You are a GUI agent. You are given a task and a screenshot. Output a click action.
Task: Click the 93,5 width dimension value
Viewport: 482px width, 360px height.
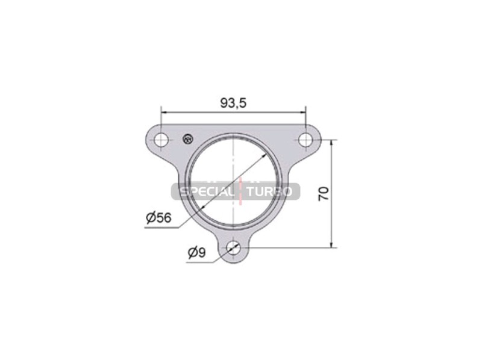click(x=233, y=103)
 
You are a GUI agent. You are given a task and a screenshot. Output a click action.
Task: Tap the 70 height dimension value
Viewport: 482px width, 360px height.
click(x=324, y=193)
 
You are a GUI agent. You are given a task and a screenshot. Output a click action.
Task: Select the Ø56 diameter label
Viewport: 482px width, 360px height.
click(x=158, y=218)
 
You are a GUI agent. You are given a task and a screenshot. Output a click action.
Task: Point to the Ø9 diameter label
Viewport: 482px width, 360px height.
click(x=197, y=253)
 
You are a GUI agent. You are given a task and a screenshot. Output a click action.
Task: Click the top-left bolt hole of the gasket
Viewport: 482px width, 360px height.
click(x=161, y=141)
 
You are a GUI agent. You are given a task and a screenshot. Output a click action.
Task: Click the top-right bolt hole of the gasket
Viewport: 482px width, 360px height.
click(x=305, y=140)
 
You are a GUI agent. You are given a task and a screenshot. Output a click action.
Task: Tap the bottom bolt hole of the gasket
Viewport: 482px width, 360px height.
click(x=234, y=247)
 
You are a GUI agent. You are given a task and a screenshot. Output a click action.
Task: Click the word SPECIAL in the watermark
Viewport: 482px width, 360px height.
click(x=206, y=192)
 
